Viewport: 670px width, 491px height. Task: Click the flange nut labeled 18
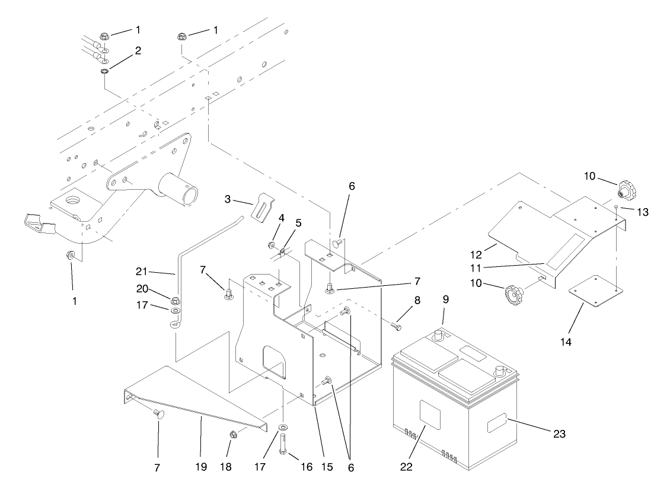point(234,436)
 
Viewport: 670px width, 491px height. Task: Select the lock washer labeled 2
point(104,72)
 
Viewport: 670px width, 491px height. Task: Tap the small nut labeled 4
point(271,245)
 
